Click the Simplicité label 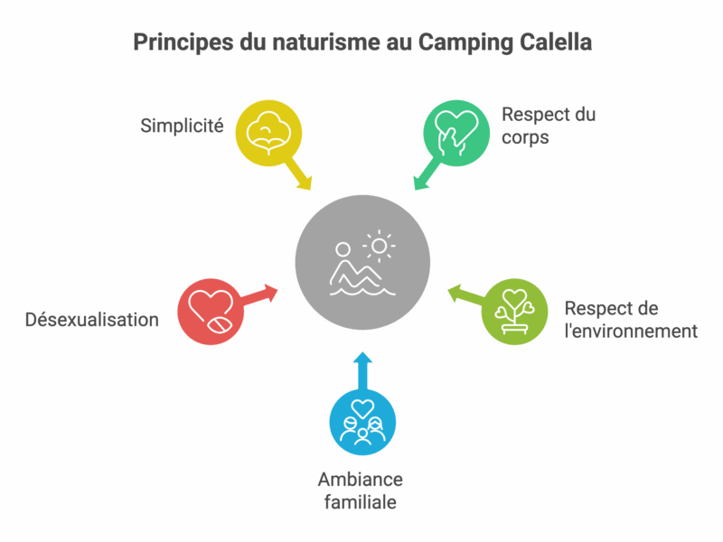[182, 126]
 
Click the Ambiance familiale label [361, 491]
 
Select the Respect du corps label [549, 126]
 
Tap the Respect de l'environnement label [631, 318]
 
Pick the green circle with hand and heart [455, 132]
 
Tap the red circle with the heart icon [210, 312]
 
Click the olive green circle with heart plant [512, 312]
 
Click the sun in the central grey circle [380, 245]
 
